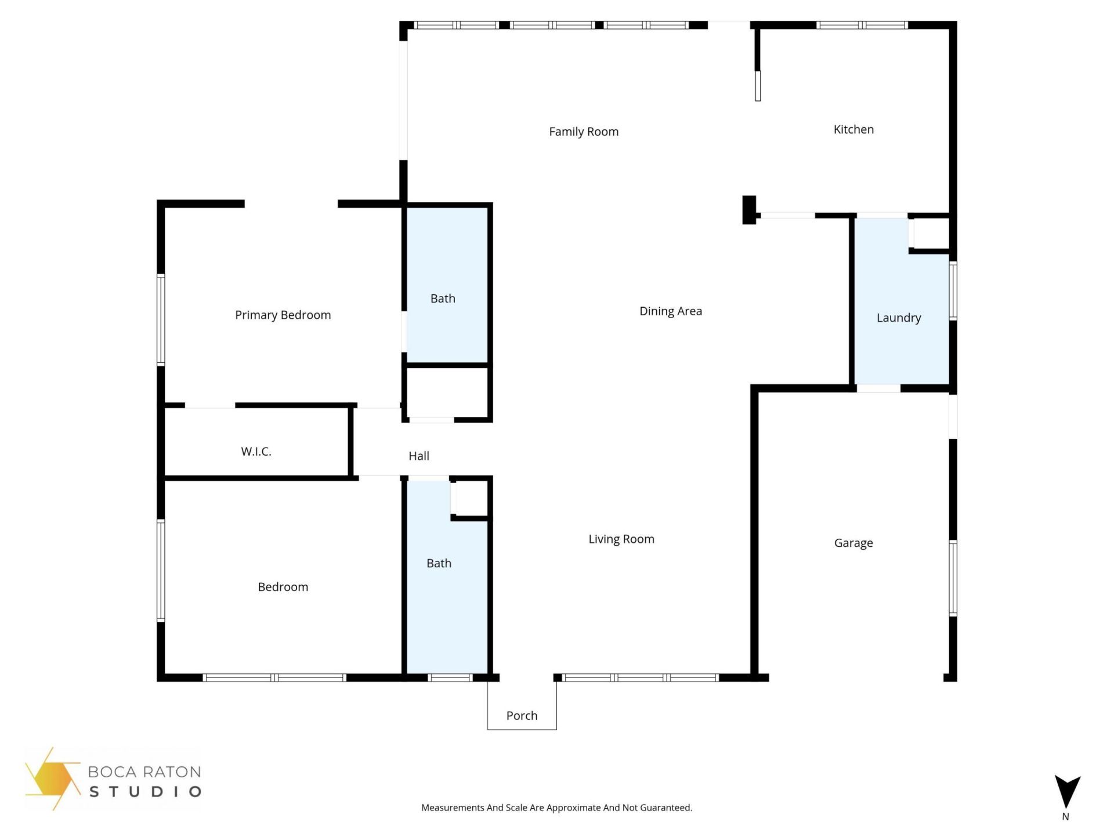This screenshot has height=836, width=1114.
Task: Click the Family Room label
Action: point(584,132)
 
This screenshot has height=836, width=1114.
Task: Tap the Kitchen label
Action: point(853,129)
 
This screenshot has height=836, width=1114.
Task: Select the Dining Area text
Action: point(670,311)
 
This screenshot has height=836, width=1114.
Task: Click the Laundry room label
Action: point(898,318)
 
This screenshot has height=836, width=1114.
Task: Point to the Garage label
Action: point(853,543)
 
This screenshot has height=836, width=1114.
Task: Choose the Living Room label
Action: point(621,539)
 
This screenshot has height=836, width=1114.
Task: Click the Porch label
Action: point(522,715)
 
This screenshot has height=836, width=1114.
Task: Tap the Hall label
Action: point(418,456)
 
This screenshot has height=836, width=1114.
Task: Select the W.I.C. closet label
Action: point(256,451)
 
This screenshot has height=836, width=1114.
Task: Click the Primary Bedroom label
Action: point(283,315)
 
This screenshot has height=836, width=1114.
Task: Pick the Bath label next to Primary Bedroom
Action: point(443,298)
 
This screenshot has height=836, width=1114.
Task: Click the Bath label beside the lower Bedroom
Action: point(439,563)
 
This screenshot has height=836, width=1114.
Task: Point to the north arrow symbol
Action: point(1066,791)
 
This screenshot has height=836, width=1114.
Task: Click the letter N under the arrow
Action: point(1065,817)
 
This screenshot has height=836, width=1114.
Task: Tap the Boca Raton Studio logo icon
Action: point(52,778)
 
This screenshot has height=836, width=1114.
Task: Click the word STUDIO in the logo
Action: point(145,791)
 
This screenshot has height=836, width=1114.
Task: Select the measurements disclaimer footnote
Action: point(556,808)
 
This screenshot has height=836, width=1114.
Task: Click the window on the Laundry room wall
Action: point(952,290)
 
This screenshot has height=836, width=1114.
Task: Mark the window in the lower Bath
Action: point(450,678)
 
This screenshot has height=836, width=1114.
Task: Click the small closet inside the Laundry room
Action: point(931,233)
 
